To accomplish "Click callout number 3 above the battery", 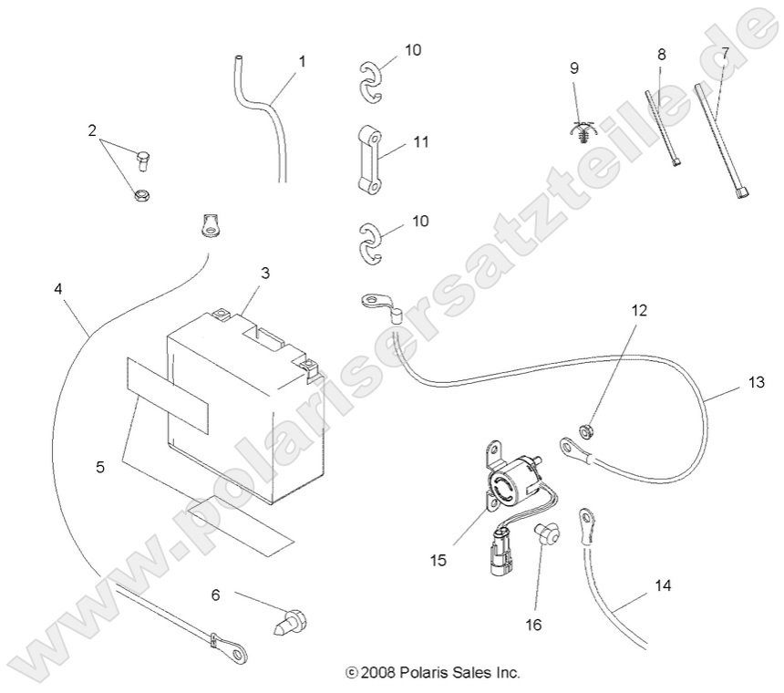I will click(x=265, y=273).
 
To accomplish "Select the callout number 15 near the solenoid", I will click(x=438, y=560).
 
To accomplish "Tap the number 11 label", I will click(x=421, y=142).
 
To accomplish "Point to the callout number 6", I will click(x=215, y=595).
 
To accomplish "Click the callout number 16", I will click(x=533, y=625).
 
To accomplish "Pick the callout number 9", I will click(x=574, y=68).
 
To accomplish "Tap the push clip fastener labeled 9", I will click(x=579, y=134).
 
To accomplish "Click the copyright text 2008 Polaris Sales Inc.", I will click(x=432, y=674).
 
